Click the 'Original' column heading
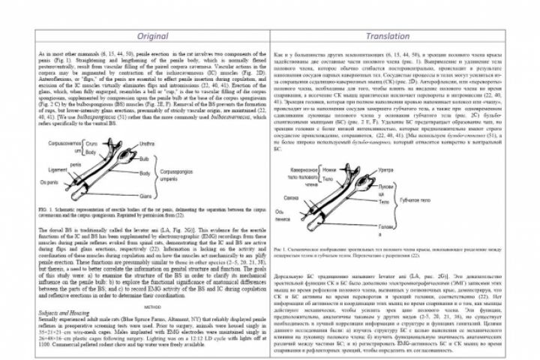pyautogui.click(x=151, y=36)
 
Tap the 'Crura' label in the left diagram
pyautogui.click(x=91, y=142)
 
